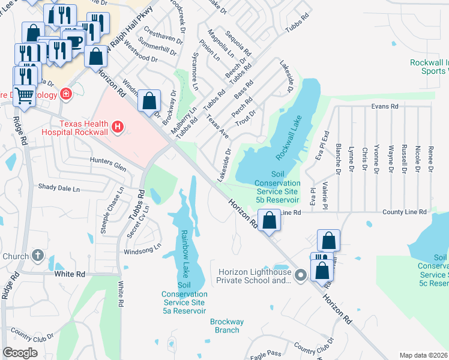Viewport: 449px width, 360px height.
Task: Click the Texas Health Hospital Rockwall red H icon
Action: click(118, 127)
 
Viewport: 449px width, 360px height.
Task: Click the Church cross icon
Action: click(38, 256)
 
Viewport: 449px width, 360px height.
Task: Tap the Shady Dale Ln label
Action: click(59, 188)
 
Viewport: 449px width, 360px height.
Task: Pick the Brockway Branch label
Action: click(227, 326)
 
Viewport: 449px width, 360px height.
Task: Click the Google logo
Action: click(20, 352)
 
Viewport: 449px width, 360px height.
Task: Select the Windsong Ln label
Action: click(142, 247)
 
